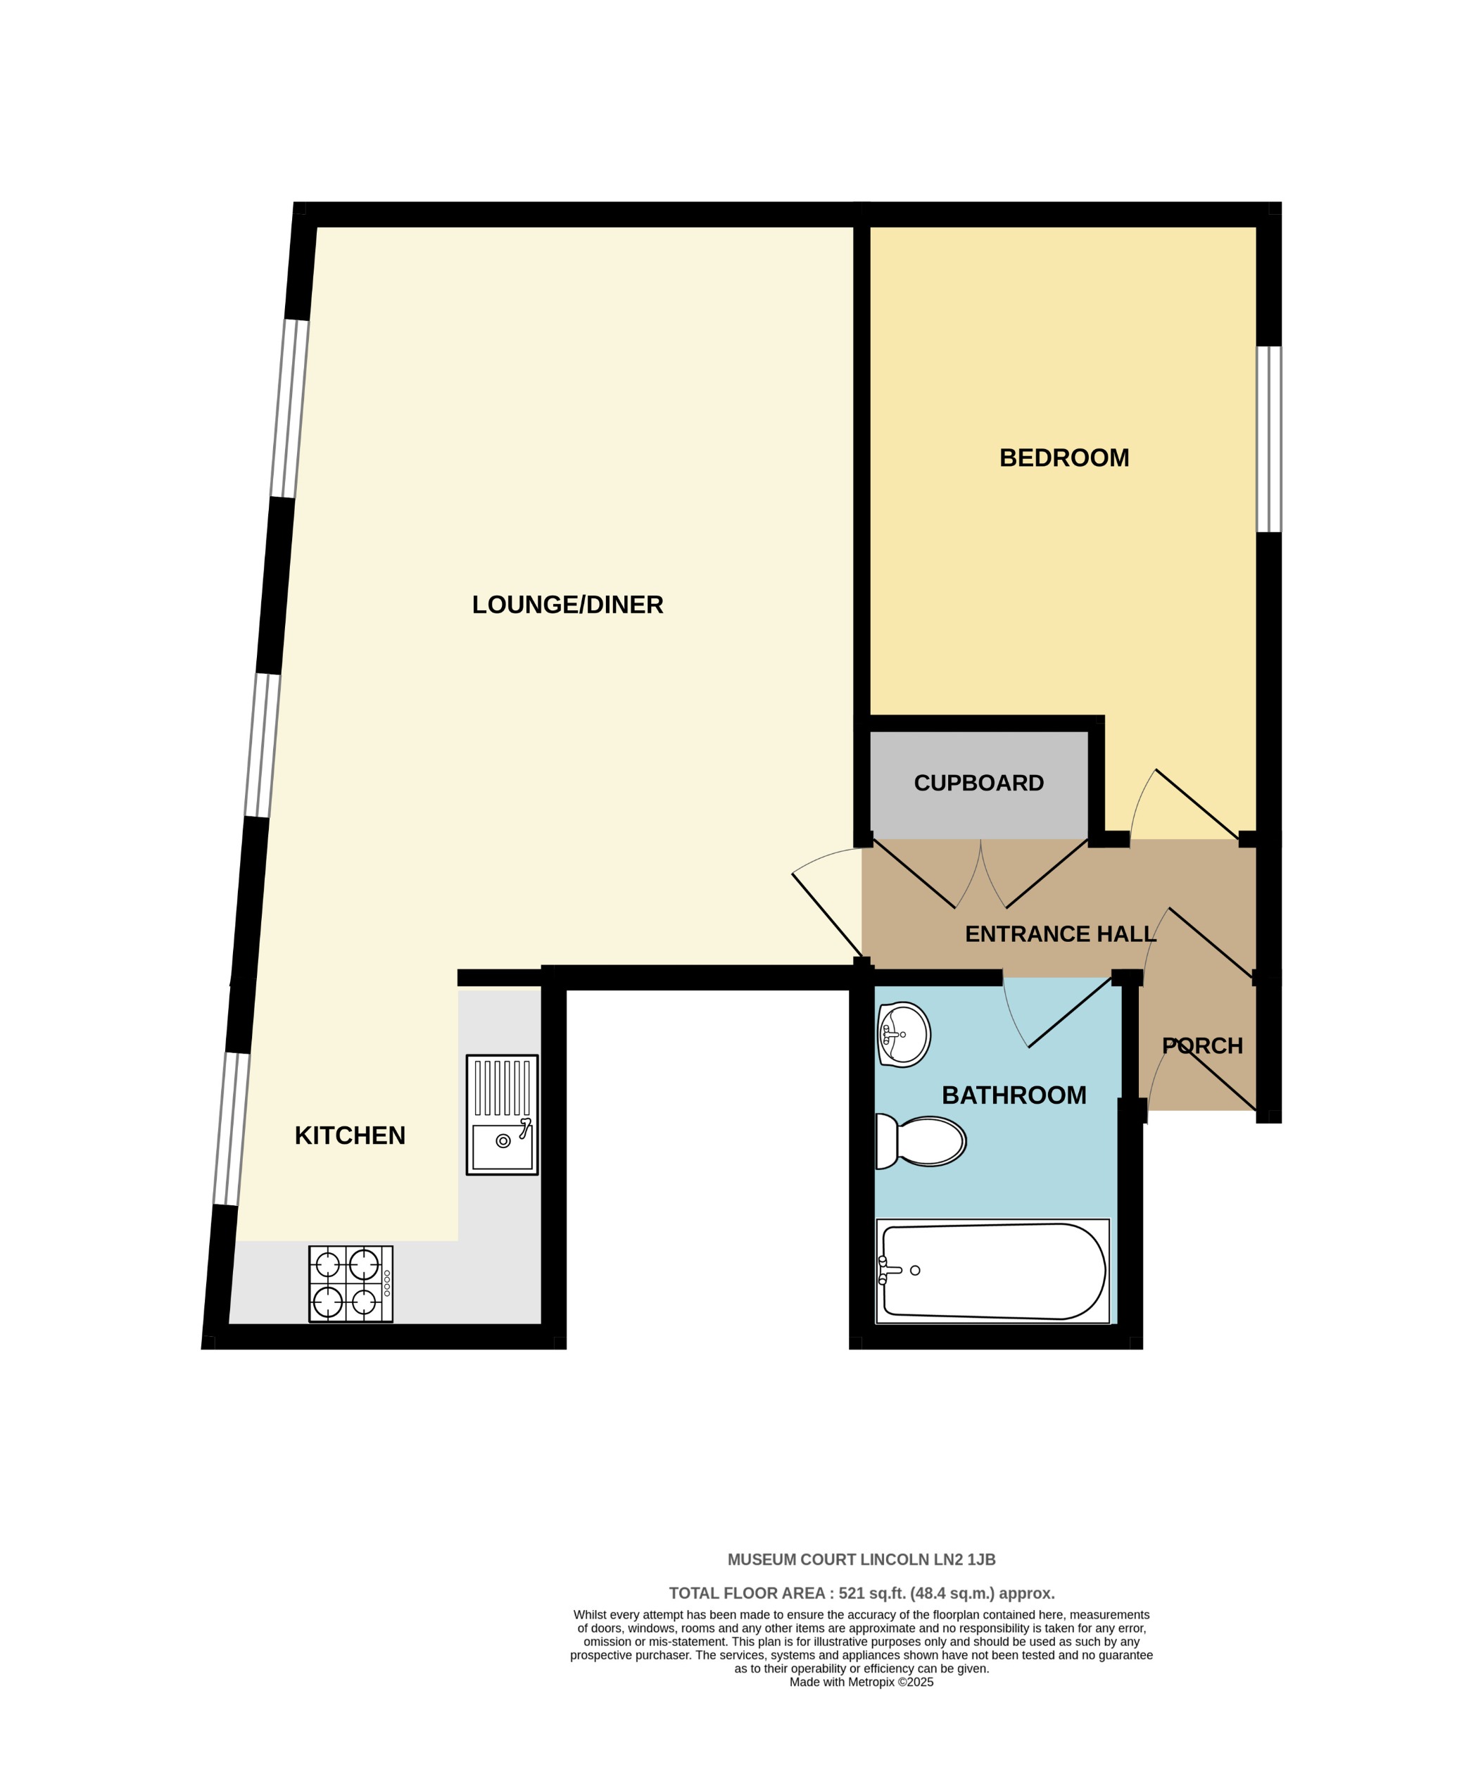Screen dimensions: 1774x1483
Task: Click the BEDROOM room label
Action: tap(1064, 458)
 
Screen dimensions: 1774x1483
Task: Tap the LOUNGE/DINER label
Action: tap(567, 605)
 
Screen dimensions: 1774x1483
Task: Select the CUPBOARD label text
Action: tap(978, 783)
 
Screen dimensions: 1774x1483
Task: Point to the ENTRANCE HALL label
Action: tap(1059, 934)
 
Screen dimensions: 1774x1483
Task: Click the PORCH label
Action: tap(1201, 1046)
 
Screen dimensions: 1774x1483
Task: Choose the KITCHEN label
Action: tap(350, 1136)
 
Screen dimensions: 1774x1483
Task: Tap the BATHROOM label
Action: tap(1014, 1095)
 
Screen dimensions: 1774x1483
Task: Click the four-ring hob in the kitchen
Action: tap(351, 1283)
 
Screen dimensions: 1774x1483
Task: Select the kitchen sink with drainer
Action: tap(502, 1114)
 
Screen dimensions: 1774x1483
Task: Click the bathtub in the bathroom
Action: tap(992, 1271)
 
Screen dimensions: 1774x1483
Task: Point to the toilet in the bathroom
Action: tap(921, 1141)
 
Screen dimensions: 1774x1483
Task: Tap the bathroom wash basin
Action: tap(903, 1034)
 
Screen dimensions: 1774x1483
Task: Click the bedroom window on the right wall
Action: tap(1268, 439)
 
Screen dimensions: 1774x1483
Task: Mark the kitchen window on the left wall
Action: tap(232, 1128)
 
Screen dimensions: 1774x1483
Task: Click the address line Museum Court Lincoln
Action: tap(861, 1559)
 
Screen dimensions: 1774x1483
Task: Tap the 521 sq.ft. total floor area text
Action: tap(861, 1593)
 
